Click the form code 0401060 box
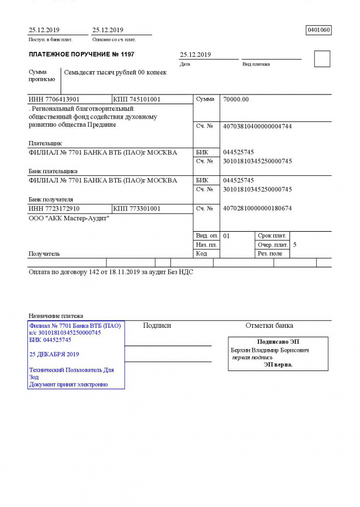(x=319, y=30)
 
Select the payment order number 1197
(x=126, y=55)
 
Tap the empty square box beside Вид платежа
(x=322, y=59)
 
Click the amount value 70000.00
(x=236, y=99)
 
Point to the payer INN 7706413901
(x=54, y=99)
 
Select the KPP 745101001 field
(x=137, y=99)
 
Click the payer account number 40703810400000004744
(x=257, y=126)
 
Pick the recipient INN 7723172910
(x=54, y=209)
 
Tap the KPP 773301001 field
(x=137, y=209)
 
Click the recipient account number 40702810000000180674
(x=257, y=209)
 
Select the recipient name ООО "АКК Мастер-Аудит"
(x=69, y=219)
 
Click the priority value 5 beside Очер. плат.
(x=295, y=245)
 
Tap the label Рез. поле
(x=270, y=253)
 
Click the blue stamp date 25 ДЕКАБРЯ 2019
(x=54, y=354)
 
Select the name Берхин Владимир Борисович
(x=270, y=350)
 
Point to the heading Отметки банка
(x=269, y=326)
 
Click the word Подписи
(x=157, y=326)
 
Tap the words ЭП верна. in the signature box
(x=278, y=364)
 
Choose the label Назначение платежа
(x=56, y=316)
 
